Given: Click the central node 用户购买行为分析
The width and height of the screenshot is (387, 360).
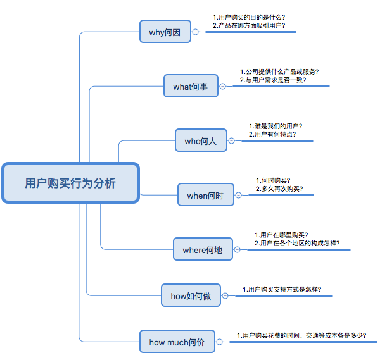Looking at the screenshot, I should point(70,183).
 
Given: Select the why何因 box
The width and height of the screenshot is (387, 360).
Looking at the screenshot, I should point(165,32).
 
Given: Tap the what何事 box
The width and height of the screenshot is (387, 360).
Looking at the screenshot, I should point(190,86).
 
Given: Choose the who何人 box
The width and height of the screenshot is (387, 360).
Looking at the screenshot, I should point(200,141).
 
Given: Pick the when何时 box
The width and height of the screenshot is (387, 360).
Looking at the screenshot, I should point(205,196).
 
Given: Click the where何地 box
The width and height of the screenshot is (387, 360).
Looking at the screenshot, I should point(203,250).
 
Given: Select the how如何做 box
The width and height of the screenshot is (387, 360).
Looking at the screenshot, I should point(191,295).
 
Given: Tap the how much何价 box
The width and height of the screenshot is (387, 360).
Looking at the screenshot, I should point(177,342).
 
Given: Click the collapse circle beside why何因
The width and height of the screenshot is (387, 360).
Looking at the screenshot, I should point(195,32).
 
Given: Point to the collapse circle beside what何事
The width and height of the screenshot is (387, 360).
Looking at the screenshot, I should point(222,87).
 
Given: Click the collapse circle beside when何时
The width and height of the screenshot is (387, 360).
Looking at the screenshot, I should point(238,196).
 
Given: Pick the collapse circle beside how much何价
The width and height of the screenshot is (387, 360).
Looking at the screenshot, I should point(219,343).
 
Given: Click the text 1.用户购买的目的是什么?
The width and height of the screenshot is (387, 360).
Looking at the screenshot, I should point(249,17).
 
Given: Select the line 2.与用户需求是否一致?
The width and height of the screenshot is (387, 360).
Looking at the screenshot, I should point(273,80).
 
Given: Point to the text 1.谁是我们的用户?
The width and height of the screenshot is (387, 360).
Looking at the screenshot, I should point(276,126).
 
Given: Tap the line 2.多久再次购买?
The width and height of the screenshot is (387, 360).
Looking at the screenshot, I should point(279,189).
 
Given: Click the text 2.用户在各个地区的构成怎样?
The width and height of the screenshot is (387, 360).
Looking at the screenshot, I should point(297,243).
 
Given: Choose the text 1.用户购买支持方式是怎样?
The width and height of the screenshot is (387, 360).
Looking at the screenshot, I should point(282,289).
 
